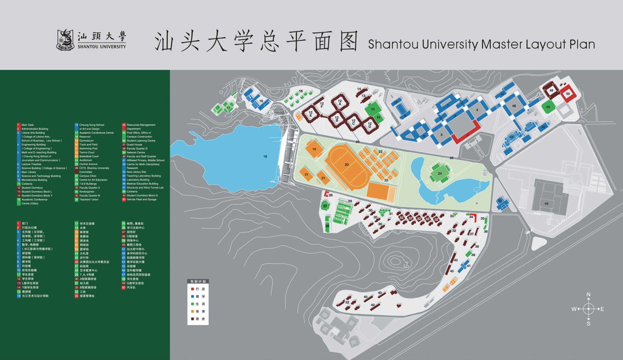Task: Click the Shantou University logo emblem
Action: click(x=65, y=40)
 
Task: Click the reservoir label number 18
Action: click(x=265, y=156)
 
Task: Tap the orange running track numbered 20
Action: click(x=347, y=165)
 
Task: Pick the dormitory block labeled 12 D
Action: click(x=369, y=125)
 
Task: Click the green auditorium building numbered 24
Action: click(x=440, y=173)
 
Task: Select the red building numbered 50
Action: click(x=568, y=94)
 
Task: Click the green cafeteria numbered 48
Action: click(x=548, y=107)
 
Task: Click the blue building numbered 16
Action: click(x=260, y=102)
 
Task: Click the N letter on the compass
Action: click(x=588, y=294)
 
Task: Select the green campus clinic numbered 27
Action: click(x=325, y=206)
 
